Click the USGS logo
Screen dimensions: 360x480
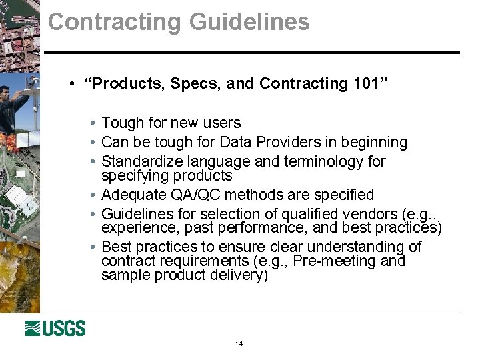55,328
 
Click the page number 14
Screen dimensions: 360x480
239,343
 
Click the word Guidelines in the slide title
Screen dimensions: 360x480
249,22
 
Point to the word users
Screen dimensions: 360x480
224,123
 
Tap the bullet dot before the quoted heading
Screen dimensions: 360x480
71,84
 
